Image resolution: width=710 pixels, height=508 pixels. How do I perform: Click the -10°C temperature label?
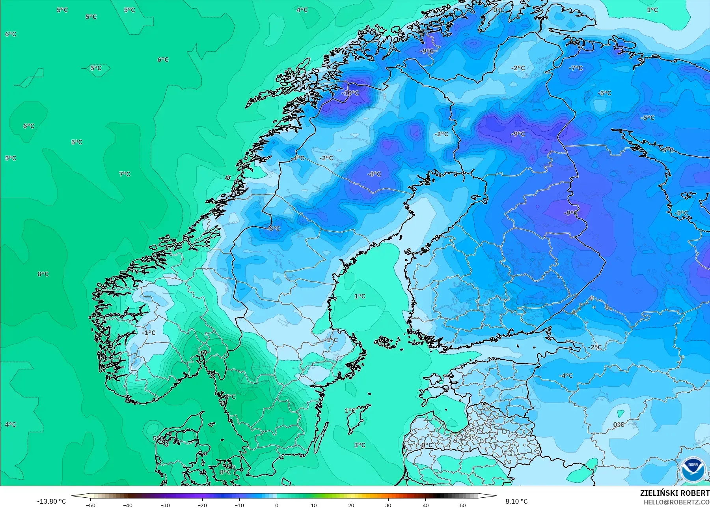(350, 93)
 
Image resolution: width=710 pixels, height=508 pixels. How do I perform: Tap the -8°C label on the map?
(374, 174)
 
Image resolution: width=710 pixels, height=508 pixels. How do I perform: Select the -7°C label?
(576, 68)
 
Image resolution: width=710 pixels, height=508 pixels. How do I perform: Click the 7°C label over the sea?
(125, 174)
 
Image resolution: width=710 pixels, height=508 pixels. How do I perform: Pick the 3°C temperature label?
(360, 445)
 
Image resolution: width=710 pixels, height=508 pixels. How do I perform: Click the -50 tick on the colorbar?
(90, 505)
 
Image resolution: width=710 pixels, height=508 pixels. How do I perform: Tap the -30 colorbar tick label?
(165, 505)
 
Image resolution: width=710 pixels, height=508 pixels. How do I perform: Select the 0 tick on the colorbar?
(277, 505)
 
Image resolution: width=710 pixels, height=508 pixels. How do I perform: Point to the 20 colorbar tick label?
(351, 505)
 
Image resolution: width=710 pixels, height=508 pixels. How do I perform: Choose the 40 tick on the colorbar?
(426, 505)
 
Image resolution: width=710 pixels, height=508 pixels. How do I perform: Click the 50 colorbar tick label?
(463, 505)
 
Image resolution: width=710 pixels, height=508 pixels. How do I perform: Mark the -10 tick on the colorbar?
(239, 505)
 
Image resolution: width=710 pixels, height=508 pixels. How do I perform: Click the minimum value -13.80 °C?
(51, 501)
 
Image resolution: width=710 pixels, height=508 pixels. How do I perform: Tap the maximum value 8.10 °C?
(516, 501)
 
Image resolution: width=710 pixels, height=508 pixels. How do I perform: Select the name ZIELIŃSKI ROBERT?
(675, 493)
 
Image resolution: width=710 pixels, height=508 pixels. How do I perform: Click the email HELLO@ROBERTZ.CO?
(676, 502)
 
